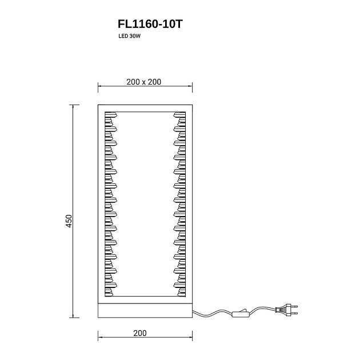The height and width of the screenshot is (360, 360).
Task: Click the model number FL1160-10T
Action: [x=150, y=24]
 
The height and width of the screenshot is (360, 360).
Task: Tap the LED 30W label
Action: [x=130, y=36]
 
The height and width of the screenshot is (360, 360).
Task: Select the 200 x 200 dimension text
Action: [x=144, y=82]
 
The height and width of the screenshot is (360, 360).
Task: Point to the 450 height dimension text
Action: [x=69, y=221]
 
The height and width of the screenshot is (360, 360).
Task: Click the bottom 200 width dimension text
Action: [x=140, y=333]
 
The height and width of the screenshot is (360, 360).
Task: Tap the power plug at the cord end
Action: [x=286, y=310]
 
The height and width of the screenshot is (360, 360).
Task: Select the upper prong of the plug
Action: [x=294, y=306]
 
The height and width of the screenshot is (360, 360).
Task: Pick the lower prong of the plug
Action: [x=294, y=313]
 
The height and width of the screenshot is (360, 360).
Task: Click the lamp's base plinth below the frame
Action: [x=145, y=310]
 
